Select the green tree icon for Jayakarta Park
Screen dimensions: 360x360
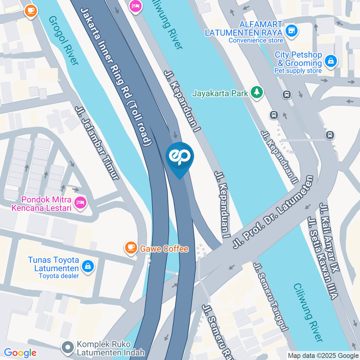(257, 92)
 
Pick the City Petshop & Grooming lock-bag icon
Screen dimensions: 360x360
(331, 60)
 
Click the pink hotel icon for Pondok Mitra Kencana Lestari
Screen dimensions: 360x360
(80, 203)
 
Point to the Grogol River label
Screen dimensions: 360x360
(64, 40)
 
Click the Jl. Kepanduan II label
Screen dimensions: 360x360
(279, 157)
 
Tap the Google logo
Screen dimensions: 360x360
(20, 352)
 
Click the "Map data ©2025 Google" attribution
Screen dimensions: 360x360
(323, 355)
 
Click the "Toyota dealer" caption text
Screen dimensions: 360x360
(58, 276)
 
